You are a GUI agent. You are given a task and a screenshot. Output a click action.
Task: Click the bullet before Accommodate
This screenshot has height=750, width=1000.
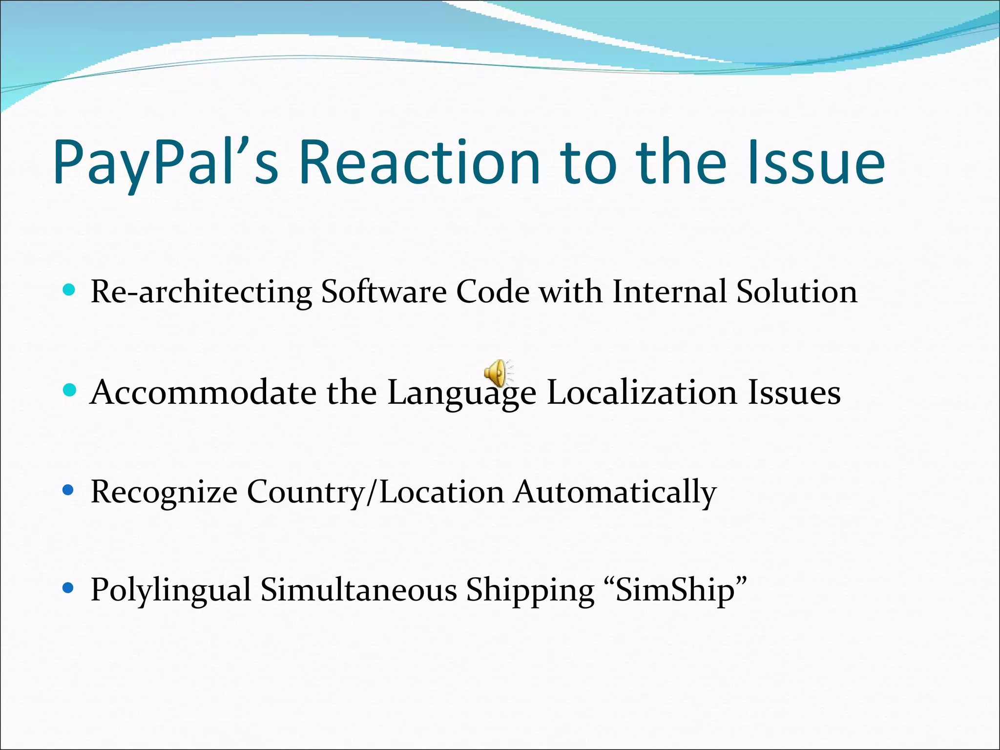(x=70, y=390)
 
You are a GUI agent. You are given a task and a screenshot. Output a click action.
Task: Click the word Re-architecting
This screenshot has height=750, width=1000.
(x=201, y=292)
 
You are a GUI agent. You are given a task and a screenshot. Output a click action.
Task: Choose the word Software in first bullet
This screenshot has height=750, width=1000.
(x=384, y=292)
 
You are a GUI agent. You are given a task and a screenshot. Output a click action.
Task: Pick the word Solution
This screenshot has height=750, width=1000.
(x=797, y=292)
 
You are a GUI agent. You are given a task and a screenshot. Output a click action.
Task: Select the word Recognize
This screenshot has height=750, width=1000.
(x=164, y=492)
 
